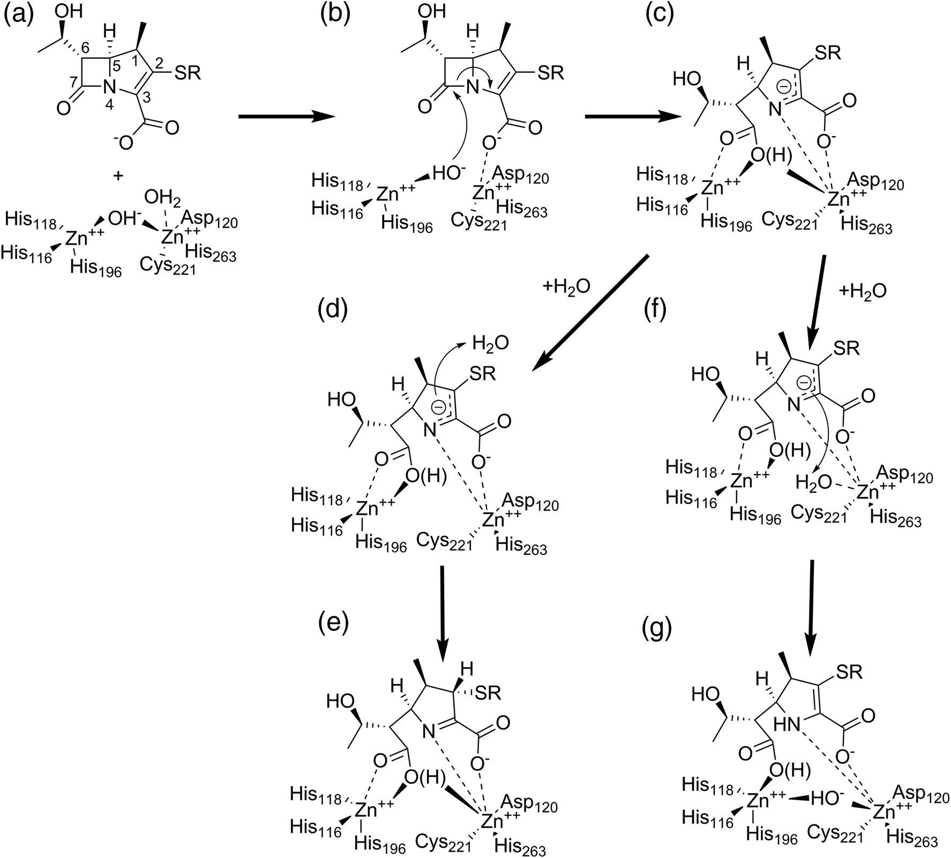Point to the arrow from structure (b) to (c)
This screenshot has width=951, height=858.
point(630,116)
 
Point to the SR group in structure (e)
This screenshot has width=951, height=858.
point(488,694)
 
